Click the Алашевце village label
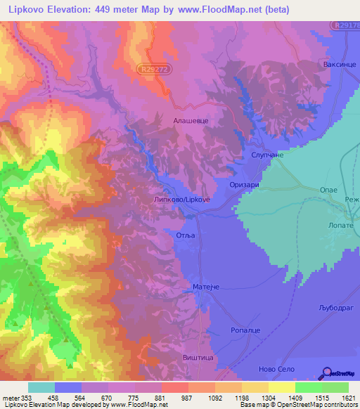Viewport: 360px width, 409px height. tap(191, 121)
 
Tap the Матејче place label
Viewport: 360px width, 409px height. tap(207, 287)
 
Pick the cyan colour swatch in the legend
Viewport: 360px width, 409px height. tap(41, 387)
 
